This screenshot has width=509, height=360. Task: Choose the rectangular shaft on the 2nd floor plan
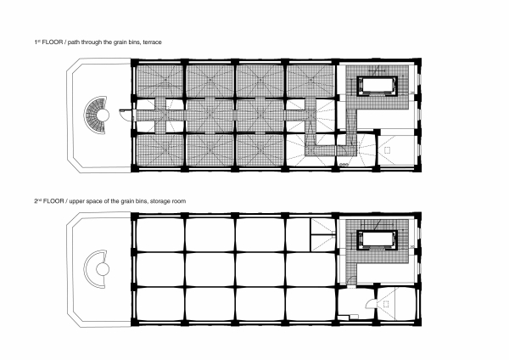(x=377, y=242)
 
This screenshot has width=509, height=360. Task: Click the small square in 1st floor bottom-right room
(x=388, y=149)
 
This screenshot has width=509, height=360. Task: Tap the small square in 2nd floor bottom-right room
(x=388, y=303)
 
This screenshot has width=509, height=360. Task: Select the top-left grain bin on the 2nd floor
(x=159, y=236)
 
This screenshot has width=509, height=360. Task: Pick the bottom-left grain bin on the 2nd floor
(x=159, y=304)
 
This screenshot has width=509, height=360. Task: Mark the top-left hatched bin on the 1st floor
(x=159, y=82)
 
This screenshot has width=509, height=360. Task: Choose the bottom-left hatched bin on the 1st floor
(x=159, y=149)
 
